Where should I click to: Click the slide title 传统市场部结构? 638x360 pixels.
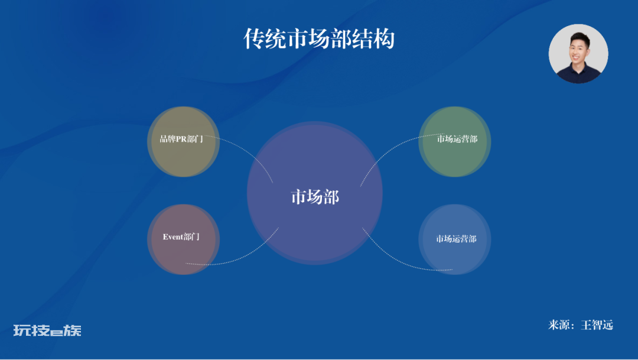pos(319,39)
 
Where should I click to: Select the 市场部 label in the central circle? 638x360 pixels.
pos(315,197)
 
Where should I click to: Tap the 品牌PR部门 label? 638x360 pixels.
pos(181,139)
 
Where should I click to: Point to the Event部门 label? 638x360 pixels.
pos(181,236)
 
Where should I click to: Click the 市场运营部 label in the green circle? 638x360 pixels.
pos(457,139)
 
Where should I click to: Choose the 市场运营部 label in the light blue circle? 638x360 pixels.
pos(456,239)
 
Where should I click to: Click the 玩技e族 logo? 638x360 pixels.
pos(47,330)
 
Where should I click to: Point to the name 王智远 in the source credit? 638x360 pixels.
pos(597,325)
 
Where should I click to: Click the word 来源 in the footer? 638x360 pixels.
pos(559,325)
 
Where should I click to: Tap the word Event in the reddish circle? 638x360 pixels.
pos(172,236)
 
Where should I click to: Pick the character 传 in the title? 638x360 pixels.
pos(254,39)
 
